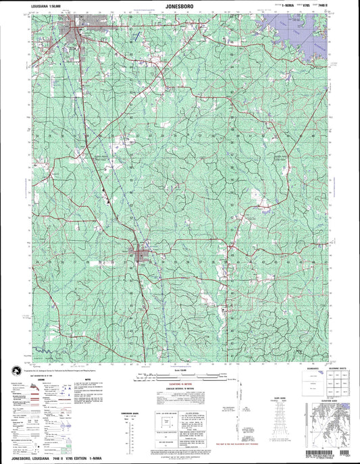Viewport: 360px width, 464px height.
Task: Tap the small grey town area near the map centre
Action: (140, 255)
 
